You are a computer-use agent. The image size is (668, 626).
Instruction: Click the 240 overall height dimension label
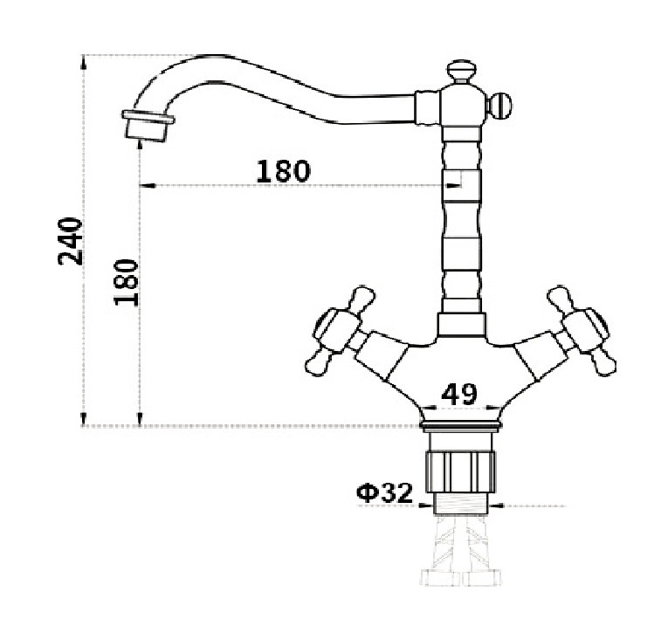[72, 241]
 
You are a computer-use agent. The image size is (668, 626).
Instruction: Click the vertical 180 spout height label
[127, 281]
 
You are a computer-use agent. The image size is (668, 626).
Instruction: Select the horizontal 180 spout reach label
[283, 171]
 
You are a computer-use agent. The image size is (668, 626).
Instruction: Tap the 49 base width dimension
[458, 395]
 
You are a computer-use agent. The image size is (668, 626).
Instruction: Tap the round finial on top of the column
[459, 69]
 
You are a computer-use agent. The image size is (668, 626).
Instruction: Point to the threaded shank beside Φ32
[459, 502]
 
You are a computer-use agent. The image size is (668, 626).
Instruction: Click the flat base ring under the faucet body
[459, 426]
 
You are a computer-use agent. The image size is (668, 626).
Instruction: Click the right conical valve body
[536, 357]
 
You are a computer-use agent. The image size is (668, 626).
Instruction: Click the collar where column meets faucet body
[459, 325]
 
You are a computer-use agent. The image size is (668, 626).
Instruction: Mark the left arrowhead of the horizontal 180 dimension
[145, 185]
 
